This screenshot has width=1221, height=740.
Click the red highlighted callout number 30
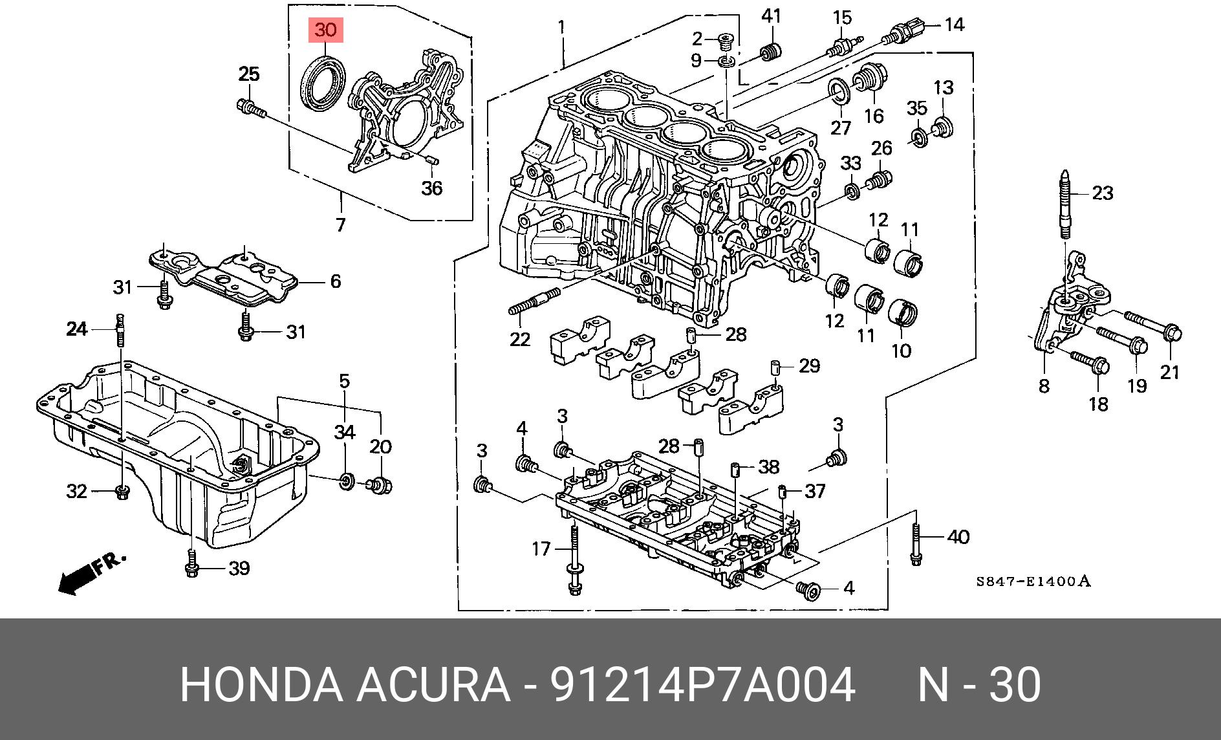[326, 30]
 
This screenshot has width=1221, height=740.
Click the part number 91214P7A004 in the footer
[702, 684]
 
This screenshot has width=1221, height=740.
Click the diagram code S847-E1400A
[1033, 581]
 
